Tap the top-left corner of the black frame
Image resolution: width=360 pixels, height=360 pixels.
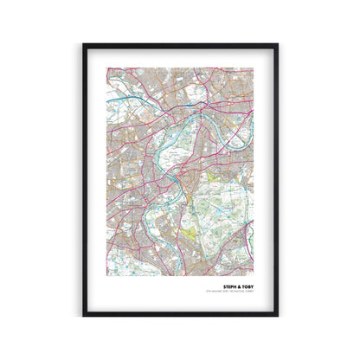(x=83, y=44)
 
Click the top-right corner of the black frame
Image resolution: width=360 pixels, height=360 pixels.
(x=278, y=44)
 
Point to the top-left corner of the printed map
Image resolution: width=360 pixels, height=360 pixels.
(x=107, y=65)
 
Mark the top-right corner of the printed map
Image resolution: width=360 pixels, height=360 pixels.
(x=254, y=65)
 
